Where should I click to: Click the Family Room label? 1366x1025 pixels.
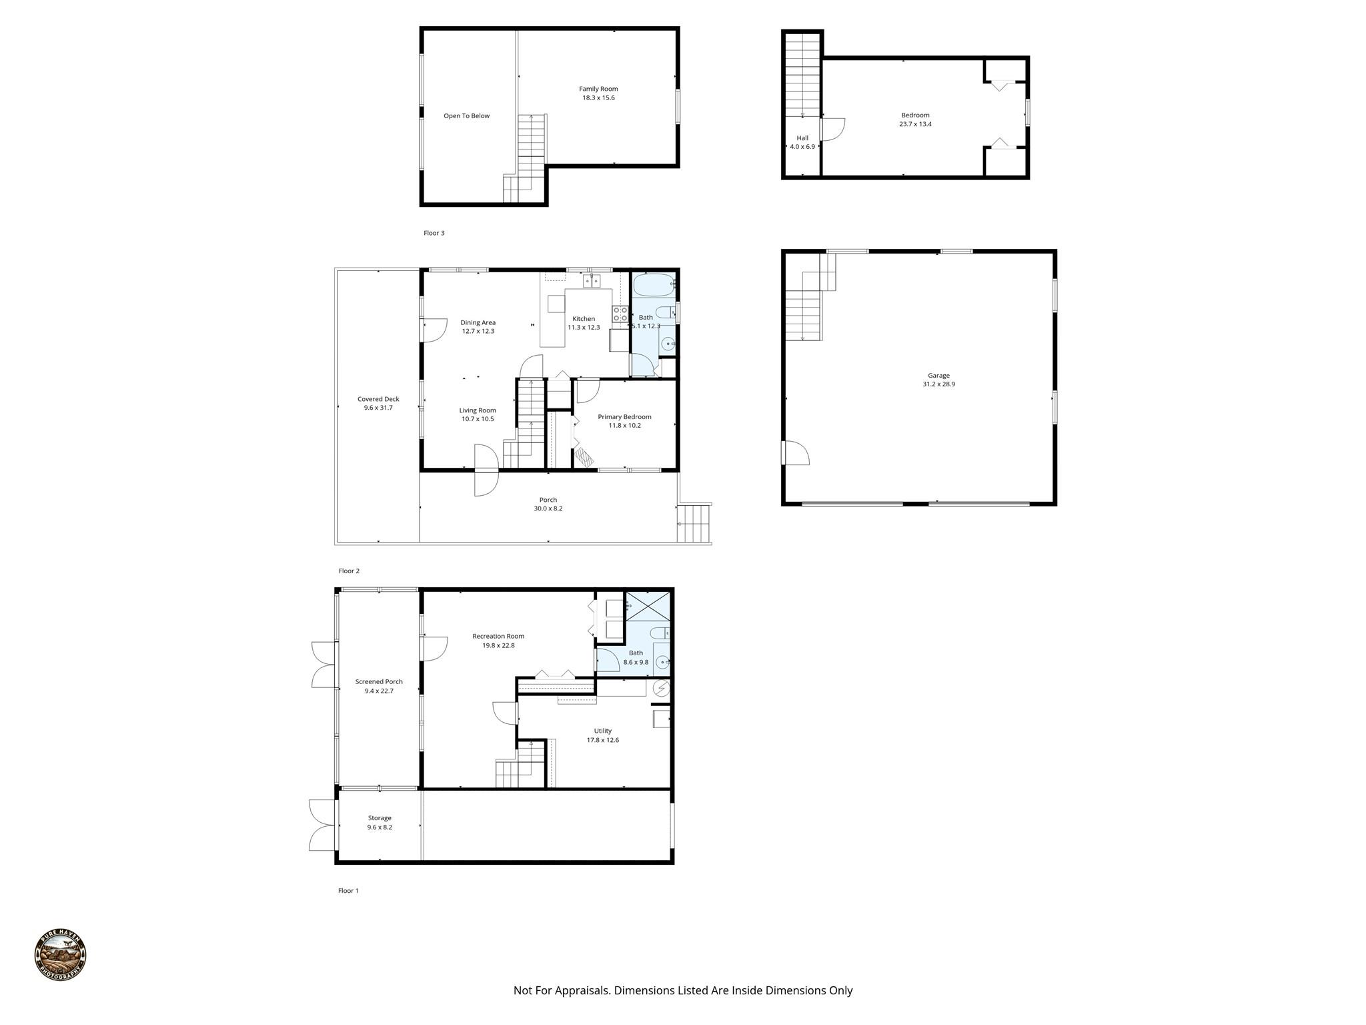(598, 89)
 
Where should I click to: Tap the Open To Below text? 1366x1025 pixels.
(467, 116)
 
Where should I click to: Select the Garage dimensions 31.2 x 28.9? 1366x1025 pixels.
(938, 384)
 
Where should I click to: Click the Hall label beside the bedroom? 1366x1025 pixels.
(802, 138)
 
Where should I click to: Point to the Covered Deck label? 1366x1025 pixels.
(378, 399)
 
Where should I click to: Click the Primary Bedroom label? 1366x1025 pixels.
(624, 417)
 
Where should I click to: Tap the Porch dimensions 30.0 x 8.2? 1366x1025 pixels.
(548, 508)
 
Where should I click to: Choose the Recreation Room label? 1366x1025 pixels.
(498, 637)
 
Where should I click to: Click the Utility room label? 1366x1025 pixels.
(603, 731)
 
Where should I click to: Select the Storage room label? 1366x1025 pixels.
(380, 818)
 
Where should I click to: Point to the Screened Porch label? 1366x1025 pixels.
(379, 682)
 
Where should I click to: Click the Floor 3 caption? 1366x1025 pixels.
(434, 233)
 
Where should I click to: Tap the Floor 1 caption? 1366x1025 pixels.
(348, 891)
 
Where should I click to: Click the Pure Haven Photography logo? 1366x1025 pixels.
(60, 956)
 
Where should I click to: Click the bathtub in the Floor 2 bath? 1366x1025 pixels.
(654, 286)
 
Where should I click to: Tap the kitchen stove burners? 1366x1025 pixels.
(620, 314)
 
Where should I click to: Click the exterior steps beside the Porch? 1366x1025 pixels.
(694, 524)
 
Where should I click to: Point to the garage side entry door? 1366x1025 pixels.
(796, 452)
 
